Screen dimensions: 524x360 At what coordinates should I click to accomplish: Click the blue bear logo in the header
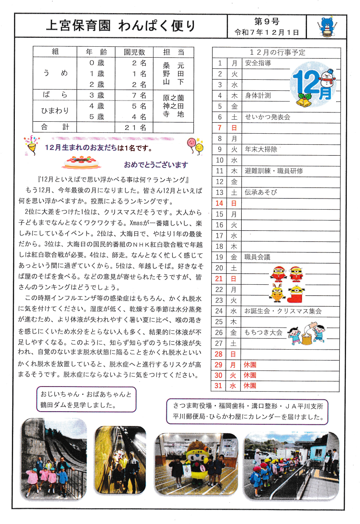327,27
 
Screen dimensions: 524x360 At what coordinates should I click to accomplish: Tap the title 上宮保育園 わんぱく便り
121,26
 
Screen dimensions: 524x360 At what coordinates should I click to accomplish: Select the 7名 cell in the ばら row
137,95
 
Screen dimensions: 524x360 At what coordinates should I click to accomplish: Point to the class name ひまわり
56,111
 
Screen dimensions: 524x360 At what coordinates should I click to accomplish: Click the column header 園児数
134,52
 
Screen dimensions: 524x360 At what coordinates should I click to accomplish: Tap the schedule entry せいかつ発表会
267,117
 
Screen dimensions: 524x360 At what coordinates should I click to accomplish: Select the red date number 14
220,203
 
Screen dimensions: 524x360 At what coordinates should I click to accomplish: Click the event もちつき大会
263,333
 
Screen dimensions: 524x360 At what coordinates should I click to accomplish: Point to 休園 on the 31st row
250,386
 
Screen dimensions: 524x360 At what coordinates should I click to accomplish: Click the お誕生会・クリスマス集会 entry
283,311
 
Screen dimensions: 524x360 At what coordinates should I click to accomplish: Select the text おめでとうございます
156,165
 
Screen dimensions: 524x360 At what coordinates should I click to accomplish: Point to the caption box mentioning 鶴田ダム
87,399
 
